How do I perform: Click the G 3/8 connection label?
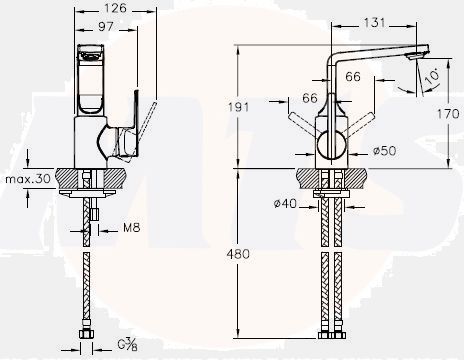129,345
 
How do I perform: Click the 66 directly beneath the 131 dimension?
352,76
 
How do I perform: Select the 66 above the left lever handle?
308,97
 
